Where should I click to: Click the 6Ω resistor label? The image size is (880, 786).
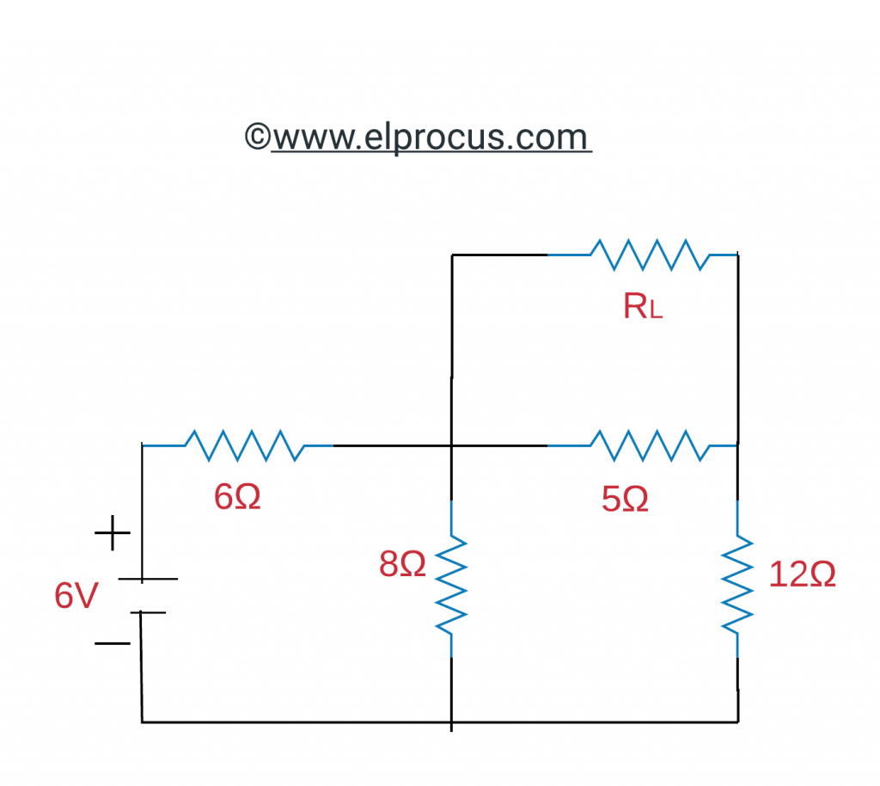pos(237,497)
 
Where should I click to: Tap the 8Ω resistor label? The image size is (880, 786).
pos(402,564)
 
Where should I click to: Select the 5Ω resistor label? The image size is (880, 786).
pos(625,499)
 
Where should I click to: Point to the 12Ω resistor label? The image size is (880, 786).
pos(802,575)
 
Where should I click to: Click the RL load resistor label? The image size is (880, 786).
pos(642,307)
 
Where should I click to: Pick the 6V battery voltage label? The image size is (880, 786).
pos(76,596)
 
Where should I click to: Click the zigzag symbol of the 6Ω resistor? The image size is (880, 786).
pos(245,445)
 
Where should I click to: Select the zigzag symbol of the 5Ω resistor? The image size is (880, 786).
pos(651,445)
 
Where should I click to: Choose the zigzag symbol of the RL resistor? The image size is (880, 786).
pos(651,255)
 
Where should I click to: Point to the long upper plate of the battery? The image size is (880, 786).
pos(147,579)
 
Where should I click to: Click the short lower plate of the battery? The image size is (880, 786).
pos(148,612)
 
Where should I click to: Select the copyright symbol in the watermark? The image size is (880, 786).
pos(257,137)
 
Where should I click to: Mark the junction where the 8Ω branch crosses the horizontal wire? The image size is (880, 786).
pos(452,445)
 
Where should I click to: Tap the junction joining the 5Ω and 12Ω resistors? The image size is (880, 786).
pos(737,445)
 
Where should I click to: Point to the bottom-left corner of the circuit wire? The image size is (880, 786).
pos(142,722)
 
